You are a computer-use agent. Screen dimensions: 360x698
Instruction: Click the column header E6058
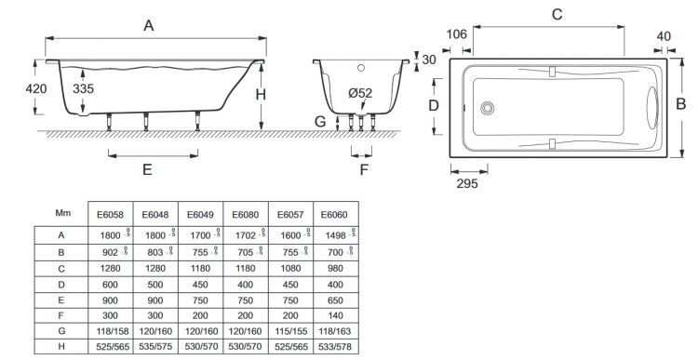(109, 215)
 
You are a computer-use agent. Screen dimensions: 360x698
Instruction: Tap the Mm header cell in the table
(60, 214)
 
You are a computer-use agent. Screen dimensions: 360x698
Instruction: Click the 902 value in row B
(109, 253)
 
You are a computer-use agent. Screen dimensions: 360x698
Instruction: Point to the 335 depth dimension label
(84, 89)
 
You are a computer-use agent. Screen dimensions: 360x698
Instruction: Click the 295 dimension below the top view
(469, 183)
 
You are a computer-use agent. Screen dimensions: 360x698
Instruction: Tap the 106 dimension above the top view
(457, 35)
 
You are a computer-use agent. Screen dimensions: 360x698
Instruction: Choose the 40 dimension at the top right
(664, 36)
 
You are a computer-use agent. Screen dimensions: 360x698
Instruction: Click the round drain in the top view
(488, 108)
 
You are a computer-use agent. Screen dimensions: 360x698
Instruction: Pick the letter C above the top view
(557, 14)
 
